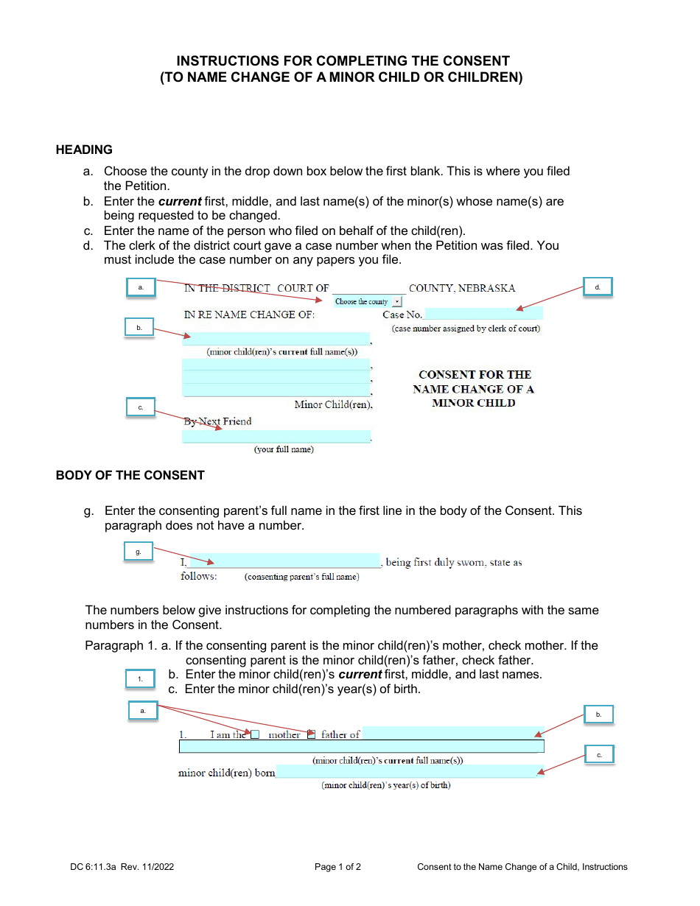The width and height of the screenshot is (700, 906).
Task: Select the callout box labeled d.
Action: (598, 287)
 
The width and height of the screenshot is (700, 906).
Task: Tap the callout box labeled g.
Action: (138, 552)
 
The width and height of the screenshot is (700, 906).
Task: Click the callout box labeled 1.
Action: (140, 679)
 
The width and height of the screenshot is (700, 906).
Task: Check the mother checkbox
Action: (255, 734)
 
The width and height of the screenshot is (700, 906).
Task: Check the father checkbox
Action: (311, 734)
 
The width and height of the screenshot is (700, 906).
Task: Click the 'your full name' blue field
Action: (276, 436)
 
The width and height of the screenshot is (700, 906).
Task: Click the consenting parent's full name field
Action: (284, 561)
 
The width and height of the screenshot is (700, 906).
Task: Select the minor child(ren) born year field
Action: (406, 772)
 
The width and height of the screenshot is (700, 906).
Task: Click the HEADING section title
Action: (84, 150)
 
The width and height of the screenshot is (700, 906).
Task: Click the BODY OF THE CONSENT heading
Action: (130, 475)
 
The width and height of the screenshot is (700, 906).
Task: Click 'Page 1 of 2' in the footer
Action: (337, 867)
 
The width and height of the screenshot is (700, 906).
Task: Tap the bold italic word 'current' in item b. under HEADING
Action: (180, 201)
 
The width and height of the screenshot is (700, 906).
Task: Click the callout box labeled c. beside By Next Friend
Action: (140, 407)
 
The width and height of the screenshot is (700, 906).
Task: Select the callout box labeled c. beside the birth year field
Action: (599, 755)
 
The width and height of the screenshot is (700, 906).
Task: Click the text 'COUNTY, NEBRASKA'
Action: (462, 288)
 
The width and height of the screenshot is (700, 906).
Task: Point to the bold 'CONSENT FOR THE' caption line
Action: (475, 375)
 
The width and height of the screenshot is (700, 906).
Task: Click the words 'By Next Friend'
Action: (217, 421)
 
